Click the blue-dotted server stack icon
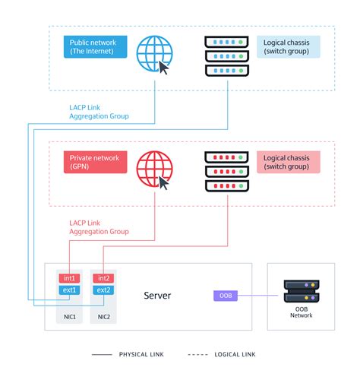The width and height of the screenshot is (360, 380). [227, 55]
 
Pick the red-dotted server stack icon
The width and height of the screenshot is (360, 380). [227, 171]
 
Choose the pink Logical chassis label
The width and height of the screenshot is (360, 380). [287, 162]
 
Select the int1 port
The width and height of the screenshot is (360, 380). [70, 279]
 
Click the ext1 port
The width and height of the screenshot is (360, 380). [70, 290]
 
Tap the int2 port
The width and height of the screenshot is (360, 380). [104, 279]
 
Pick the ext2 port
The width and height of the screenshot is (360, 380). [104, 290]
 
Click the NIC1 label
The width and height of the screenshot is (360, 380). [70, 315]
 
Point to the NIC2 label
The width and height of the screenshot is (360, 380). [104, 315]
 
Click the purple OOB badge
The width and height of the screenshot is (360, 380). [226, 295]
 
